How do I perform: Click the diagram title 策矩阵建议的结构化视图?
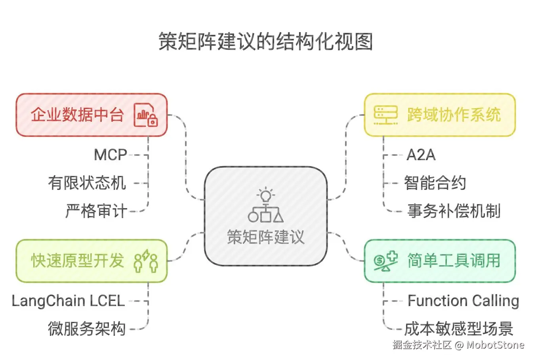(266, 42)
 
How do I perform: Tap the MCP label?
(110, 155)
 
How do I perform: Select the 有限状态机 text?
(87, 183)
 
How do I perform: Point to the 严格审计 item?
(96, 211)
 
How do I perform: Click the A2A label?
(421, 155)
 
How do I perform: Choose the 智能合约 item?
(435, 183)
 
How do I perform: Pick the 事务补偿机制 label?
(454, 211)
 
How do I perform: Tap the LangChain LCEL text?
(68, 301)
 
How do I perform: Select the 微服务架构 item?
(87, 329)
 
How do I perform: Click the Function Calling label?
(463, 301)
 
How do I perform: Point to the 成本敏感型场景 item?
(458, 329)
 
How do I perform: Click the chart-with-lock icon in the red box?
(146, 115)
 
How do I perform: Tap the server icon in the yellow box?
(385, 115)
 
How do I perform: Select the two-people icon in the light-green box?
(146, 261)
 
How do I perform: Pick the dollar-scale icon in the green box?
(385, 261)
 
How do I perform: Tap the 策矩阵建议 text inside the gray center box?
(266, 237)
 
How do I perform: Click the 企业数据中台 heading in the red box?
(77, 115)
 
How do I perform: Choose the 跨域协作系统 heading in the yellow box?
(454, 115)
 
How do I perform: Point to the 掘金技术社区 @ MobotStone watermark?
(458, 345)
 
